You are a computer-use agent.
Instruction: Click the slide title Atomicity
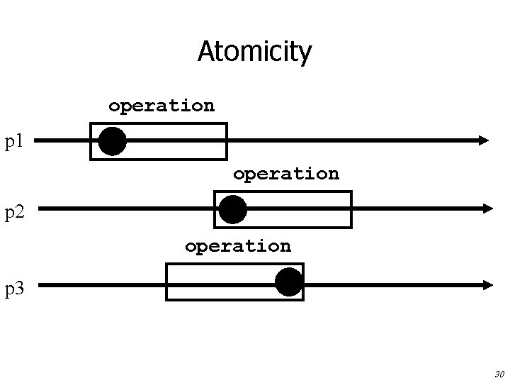click(254, 52)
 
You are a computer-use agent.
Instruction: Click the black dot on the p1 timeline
click(113, 141)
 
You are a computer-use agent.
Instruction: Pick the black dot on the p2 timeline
click(232, 210)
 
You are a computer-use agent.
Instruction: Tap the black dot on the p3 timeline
click(288, 282)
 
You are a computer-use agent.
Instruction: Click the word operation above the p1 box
click(161, 106)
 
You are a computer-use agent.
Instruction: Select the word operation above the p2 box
click(285, 174)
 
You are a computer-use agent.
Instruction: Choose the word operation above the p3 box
click(237, 247)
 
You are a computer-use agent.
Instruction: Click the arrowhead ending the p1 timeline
click(484, 140)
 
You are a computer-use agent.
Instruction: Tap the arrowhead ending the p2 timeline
click(487, 209)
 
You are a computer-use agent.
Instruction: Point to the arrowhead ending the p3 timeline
click(487, 285)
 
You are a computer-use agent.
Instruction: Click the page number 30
click(498, 373)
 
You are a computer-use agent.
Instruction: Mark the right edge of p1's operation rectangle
click(226, 141)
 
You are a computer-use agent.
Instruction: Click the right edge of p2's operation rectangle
click(351, 209)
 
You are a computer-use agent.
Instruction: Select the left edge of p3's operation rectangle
click(166, 282)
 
